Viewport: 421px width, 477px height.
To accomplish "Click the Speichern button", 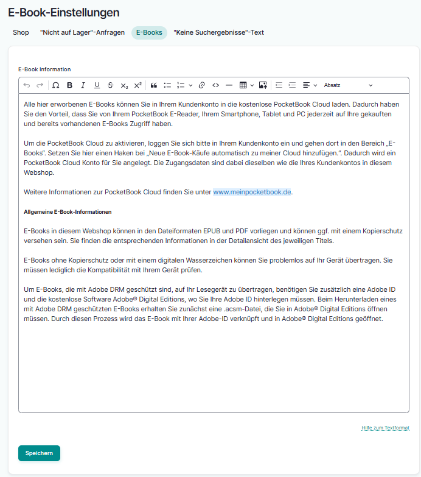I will [39, 453].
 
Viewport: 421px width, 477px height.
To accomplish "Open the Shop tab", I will [21, 32].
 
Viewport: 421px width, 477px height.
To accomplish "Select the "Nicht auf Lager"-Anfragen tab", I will [82, 32].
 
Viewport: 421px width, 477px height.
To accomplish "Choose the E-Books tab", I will [149, 32].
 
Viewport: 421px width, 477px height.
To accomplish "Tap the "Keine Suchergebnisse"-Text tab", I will [218, 32].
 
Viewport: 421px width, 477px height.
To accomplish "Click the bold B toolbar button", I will [69, 85].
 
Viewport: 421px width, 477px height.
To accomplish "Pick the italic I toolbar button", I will [83, 85].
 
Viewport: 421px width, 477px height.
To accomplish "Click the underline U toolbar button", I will [96, 85].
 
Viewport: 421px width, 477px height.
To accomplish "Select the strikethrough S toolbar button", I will [110, 85].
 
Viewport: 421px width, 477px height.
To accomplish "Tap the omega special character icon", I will [56, 85].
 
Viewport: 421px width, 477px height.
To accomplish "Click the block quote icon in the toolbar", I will [154, 85].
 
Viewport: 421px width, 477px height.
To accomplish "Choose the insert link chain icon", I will [202, 85].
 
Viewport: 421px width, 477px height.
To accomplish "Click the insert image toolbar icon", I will [263, 85].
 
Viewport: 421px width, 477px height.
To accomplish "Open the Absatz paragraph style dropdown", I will [348, 85].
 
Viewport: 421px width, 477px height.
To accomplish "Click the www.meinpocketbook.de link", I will [252, 192].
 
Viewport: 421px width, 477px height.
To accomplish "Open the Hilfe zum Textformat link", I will [385, 428].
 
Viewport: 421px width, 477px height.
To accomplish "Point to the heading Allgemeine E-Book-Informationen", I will [68, 212].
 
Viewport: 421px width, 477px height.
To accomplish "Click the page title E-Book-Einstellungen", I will [64, 12].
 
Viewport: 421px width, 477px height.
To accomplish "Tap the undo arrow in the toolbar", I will [27, 85].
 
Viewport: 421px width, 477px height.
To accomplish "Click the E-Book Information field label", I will [44, 69].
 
